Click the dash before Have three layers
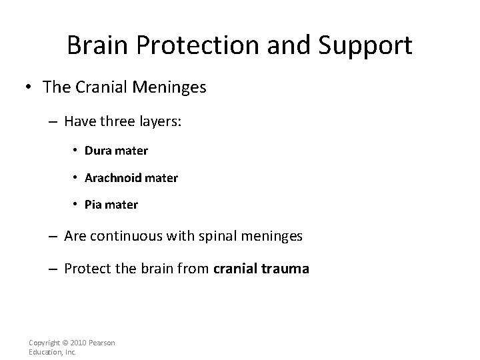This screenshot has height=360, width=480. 55,122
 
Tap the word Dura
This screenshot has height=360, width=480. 97,151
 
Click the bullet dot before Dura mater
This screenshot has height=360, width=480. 75,151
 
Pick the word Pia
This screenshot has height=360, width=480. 94,205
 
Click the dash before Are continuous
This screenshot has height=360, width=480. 55,236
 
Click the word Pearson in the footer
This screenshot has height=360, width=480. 101,343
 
